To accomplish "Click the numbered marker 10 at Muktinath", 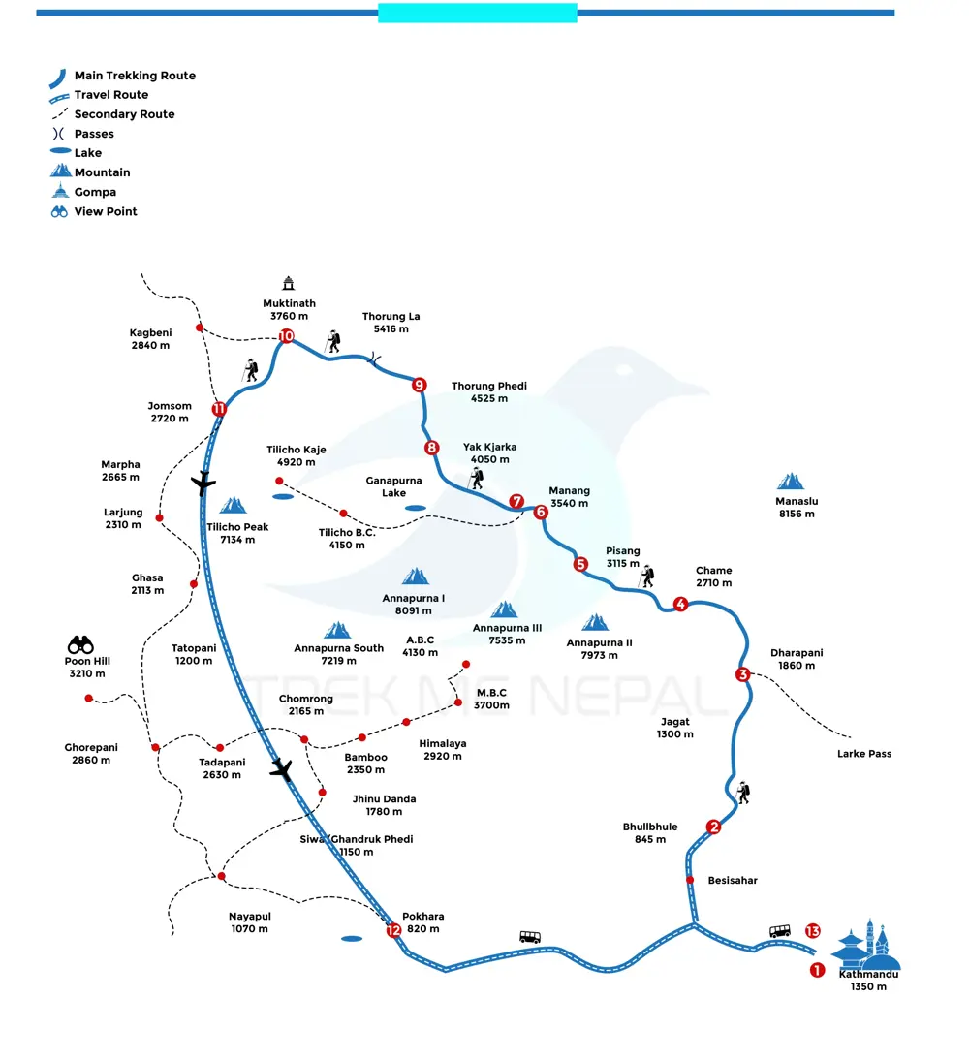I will coord(286,336).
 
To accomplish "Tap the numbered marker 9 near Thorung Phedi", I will coord(419,385).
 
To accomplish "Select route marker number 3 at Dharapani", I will coord(742,674).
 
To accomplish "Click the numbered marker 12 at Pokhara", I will coord(393,930).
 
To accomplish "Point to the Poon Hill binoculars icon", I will coord(80,644).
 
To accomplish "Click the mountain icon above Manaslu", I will coord(791,482).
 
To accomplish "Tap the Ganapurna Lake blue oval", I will coord(415,508).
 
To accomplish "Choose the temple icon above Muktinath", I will coord(288,283).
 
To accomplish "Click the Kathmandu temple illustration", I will coord(866,945).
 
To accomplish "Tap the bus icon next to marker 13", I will coord(780,931).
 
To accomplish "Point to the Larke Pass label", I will coord(864,754).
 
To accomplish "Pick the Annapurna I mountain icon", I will coord(415,577).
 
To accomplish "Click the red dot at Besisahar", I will coord(690,880).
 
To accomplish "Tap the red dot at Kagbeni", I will coord(199,328).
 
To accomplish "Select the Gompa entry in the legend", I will coord(95,192).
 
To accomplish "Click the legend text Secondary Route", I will coord(124,114).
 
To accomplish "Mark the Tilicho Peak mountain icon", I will coord(233,505).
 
